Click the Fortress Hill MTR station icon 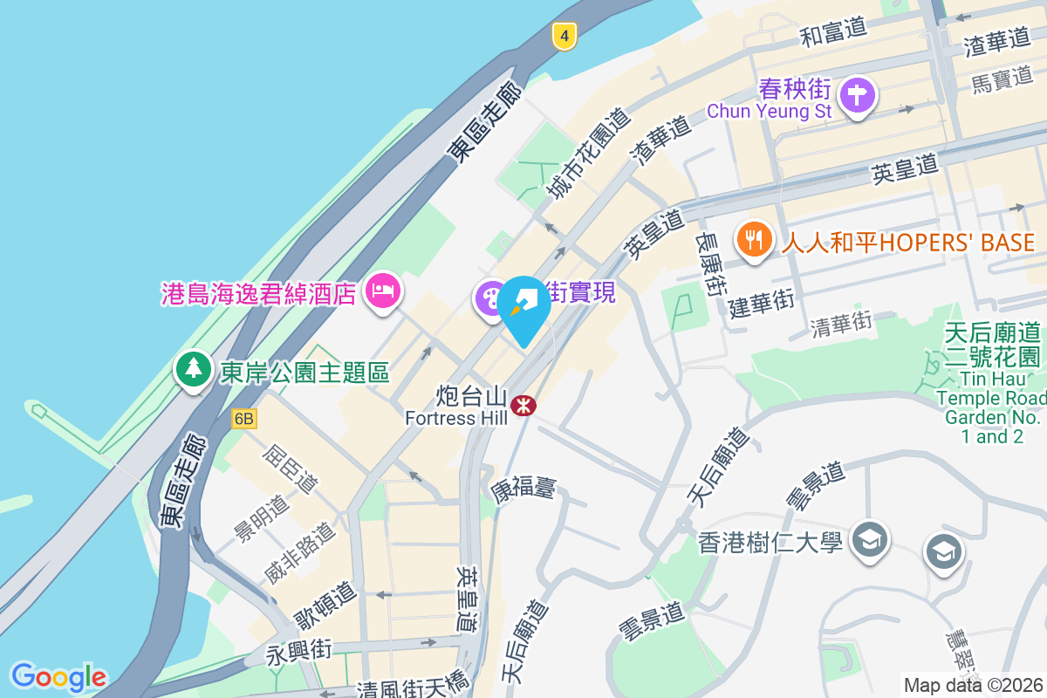[x=523, y=406]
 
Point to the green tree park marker [x=193, y=369]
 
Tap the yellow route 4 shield [x=565, y=36]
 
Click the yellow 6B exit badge [x=244, y=420]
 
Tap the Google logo [x=58, y=676]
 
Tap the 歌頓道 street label [x=325, y=604]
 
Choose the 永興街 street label [x=299, y=651]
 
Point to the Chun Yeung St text [x=770, y=111]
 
